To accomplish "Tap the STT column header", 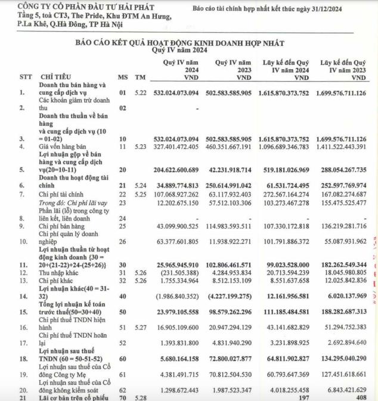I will [x=25, y=77].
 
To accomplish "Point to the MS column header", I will [x=122, y=77].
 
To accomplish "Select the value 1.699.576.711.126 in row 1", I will [x=343, y=93].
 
